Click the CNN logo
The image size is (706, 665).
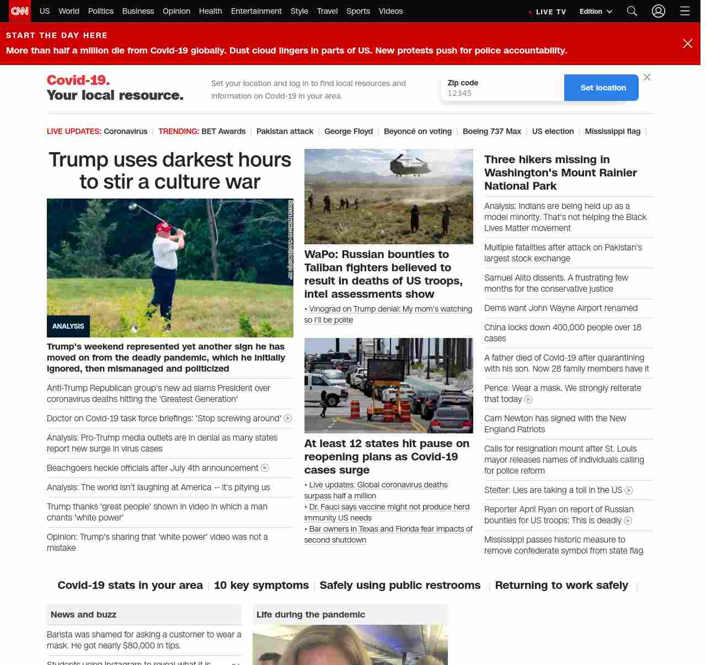point(20,11)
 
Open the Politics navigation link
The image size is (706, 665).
point(100,11)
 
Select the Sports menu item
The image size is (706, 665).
point(358,11)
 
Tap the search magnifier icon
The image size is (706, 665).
point(632,11)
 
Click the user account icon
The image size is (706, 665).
point(659,11)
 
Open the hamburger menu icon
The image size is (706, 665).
point(685,11)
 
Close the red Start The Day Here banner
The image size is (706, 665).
point(687,44)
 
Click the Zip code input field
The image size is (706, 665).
point(502,93)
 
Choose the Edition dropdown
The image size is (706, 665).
point(596,11)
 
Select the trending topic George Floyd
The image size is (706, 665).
point(349,131)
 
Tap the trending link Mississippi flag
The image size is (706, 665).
point(612,131)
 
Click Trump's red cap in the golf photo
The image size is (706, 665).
point(163,227)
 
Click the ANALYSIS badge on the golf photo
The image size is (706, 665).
point(68,326)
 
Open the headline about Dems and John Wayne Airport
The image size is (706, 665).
point(560,308)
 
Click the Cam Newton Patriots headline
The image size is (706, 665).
point(555,424)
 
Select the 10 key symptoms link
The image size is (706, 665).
point(261,585)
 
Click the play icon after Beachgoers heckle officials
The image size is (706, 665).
point(265,468)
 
